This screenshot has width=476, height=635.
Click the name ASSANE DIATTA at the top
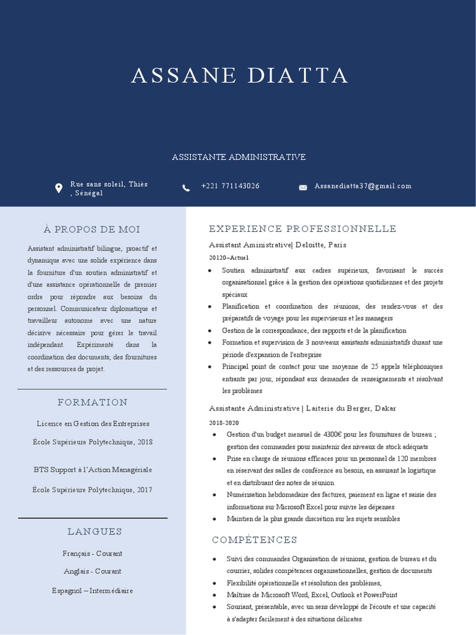(239, 76)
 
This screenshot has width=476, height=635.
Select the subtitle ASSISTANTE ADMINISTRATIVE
(239, 158)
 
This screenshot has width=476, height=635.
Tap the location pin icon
(58, 188)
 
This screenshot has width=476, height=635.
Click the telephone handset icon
(186, 187)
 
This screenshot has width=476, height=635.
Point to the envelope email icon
(303, 187)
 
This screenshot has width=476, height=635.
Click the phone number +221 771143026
(230, 186)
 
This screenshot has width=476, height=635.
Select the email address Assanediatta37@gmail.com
(363, 186)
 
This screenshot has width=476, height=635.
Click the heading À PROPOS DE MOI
(92, 229)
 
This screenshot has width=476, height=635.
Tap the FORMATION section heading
(92, 402)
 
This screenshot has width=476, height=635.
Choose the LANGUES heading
(95, 531)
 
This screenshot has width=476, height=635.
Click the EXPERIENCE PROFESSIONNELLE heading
(302, 229)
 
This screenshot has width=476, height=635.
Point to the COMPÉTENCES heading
(255, 540)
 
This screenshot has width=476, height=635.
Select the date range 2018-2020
(224, 422)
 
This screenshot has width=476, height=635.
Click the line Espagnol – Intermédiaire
(92, 591)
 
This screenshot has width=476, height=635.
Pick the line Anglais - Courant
(92, 571)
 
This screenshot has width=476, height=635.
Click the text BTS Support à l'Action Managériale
(92, 470)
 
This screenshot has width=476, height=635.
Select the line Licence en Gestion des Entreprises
(92, 424)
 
